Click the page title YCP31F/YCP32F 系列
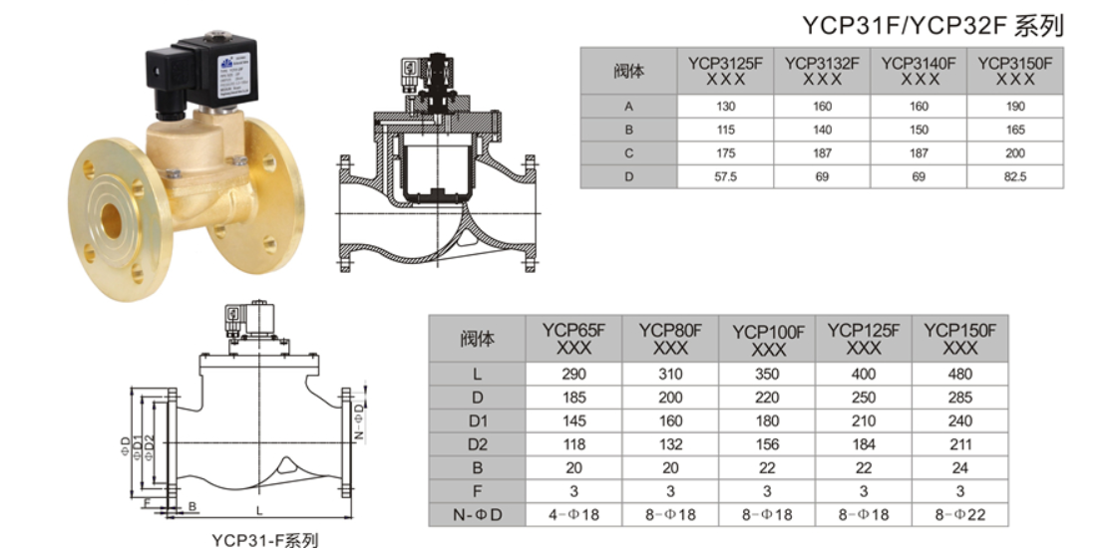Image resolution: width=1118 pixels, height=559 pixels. click(932, 26)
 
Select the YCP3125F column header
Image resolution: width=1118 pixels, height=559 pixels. click(725, 71)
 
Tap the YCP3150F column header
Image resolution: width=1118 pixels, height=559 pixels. click(1014, 71)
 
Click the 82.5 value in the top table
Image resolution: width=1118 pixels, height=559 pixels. click(1014, 176)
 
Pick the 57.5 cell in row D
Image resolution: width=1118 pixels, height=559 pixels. click(725, 176)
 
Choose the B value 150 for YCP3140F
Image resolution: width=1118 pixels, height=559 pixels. click(919, 130)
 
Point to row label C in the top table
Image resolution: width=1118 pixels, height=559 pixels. click(628, 153)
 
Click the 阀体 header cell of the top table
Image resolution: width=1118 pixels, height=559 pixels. click(628, 71)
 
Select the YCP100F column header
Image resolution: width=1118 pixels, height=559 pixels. click(768, 340)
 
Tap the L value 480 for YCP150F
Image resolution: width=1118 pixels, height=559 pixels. click(959, 375)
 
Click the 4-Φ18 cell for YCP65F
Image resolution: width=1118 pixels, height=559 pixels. click(574, 515)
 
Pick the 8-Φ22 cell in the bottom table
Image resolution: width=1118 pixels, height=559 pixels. click(959, 515)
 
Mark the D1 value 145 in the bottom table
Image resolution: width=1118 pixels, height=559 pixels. click(574, 421)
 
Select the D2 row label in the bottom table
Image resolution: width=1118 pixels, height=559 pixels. click(477, 444)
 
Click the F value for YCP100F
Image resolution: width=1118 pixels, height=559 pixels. click(768, 491)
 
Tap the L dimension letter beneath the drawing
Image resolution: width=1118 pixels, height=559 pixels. click(258, 509)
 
